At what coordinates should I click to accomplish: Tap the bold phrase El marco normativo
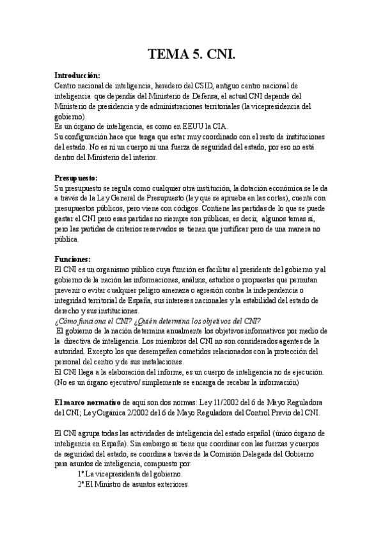click(81, 402)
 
